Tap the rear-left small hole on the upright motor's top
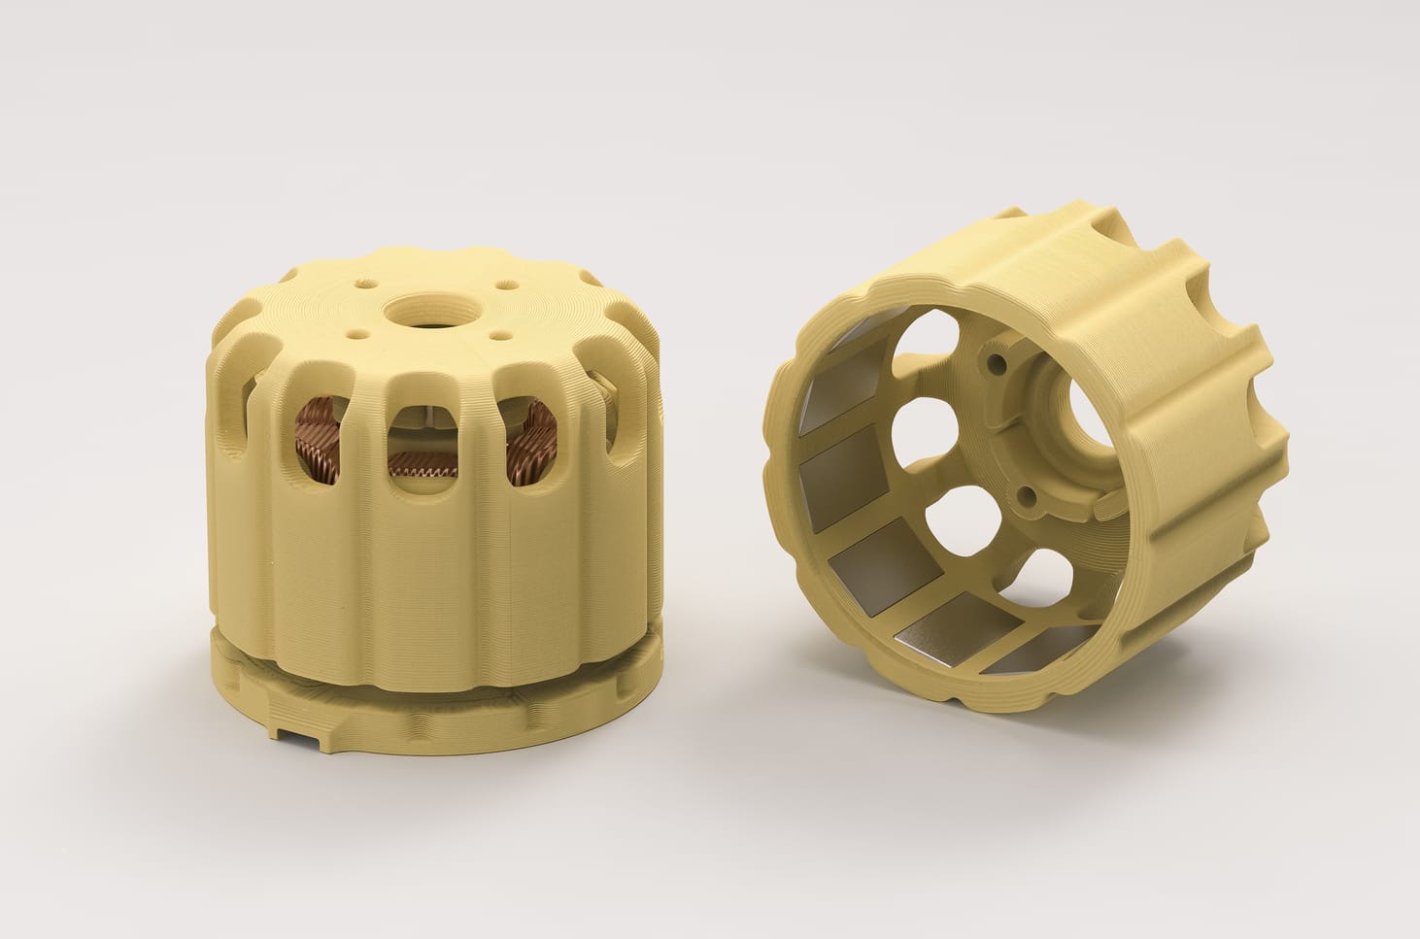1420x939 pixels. click(x=363, y=285)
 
